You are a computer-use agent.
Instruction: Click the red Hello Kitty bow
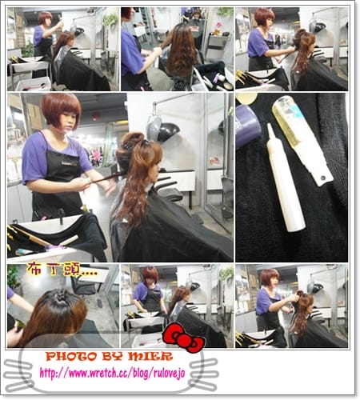[184, 338]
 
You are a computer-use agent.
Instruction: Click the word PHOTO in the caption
[71, 357]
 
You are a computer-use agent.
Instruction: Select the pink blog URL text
[112, 373]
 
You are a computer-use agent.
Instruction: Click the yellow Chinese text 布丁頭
[54, 270]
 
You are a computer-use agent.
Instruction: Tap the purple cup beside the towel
[247, 126]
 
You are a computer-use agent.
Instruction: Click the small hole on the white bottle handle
[323, 177]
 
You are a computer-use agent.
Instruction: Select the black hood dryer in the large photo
[167, 132]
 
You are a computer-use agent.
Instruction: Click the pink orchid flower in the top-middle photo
[218, 26]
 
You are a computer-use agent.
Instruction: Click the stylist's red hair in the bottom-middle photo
[150, 274]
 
